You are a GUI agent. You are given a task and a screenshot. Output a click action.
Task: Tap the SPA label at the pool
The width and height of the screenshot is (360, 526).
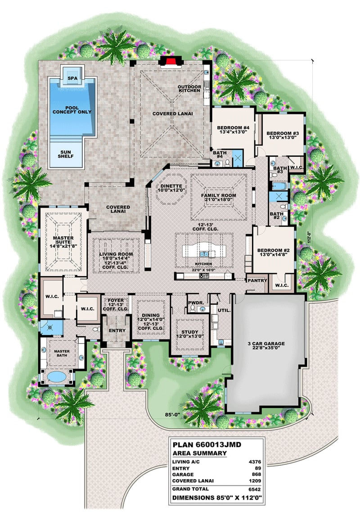coord(72,78)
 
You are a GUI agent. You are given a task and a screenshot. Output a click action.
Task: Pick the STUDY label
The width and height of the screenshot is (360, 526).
coord(189,334)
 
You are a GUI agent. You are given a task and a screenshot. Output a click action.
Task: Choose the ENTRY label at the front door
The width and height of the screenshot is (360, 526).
coord(117,331)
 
